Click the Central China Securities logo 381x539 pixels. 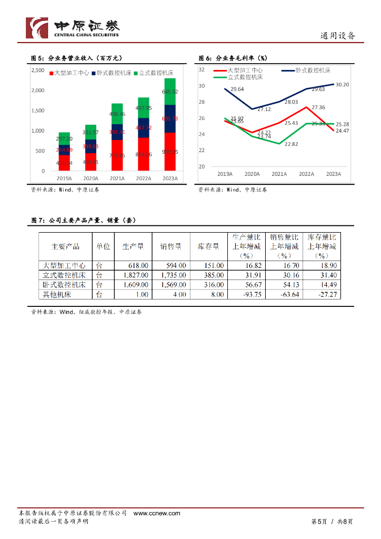(73, 27)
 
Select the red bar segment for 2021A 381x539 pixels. (117, 155)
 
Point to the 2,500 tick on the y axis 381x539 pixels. (37, 70)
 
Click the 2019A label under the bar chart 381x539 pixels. (64, 178)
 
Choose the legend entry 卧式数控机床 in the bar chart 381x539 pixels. (111, 73)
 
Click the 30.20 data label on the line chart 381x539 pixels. (342, 84)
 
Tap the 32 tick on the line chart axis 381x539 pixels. (202, 69)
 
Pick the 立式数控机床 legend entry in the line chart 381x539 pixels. (245, 77)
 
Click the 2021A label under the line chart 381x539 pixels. (279, 174)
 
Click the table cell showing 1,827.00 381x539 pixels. (134, 275)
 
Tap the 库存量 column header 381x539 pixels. (208, 246)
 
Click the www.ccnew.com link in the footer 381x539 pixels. (157, 513)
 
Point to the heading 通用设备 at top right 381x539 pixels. (338, 36)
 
